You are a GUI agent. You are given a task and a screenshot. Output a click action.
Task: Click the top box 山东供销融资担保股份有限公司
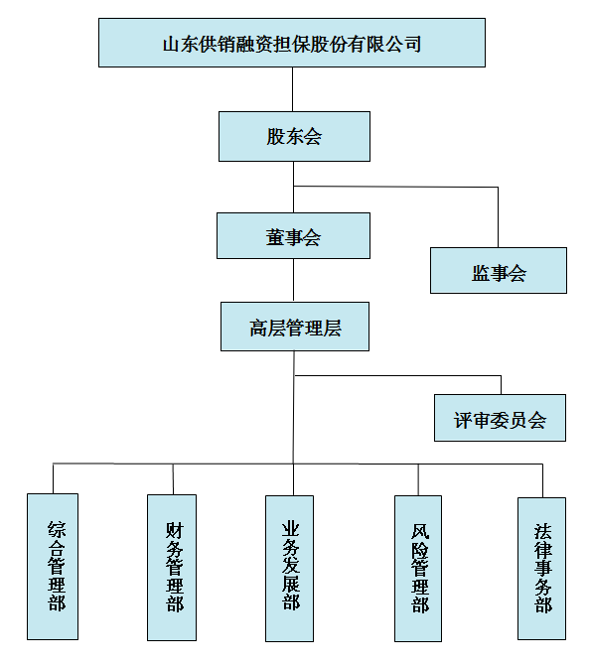pyautogui.click(x=292, y=43)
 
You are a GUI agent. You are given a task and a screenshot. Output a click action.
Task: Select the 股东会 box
pyautogui.click(x=294, y=136)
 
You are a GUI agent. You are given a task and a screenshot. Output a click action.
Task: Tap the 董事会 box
pyautogui.click(x=293, y=236)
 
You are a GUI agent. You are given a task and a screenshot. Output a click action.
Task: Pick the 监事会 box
pyautogui.click(x=499, y=271)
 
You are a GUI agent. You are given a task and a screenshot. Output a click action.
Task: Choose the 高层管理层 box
pyautogui.click(x=295, y=327)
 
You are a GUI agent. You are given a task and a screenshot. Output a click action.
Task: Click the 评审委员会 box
pyautogui.click(x=500, y=418)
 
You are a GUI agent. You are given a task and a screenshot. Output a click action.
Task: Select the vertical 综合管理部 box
pyautogui.click(x=53, y=567)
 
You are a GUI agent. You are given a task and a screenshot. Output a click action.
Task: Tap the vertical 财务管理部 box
pyautogui.click(x=172, y=568)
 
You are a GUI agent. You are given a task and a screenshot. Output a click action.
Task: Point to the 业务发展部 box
pyautogui.click(x=289, y=569)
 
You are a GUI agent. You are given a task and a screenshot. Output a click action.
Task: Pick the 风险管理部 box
pyautogui.click(x=418, y=569)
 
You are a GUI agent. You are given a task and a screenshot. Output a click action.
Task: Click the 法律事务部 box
pyautogui.click(x=542, y=569)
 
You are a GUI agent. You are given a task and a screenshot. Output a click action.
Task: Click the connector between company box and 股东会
pyautogui.click(x=292, y=89)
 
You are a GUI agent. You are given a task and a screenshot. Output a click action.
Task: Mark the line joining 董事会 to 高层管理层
pyautogui.click(x=293, y=280)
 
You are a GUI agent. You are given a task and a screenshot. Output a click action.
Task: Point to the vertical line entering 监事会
pyautogui.click(x=498, y=217)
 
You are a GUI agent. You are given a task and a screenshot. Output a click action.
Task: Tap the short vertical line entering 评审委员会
pyautogui.click(x=501, y=385)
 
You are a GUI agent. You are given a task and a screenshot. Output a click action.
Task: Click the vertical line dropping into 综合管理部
pyautogui.click(x=53, y=478)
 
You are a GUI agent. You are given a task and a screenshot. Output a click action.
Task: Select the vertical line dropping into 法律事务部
pyautogui.click(x=542, y=481)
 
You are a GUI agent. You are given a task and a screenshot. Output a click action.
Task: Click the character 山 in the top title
pyautogui.click(x=171, y=44)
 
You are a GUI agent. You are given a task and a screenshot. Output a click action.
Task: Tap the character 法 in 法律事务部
pyautogui.click(x=542, y=531)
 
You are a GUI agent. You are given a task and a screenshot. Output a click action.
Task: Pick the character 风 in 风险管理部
pyautogui.click(x=419, y=531)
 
